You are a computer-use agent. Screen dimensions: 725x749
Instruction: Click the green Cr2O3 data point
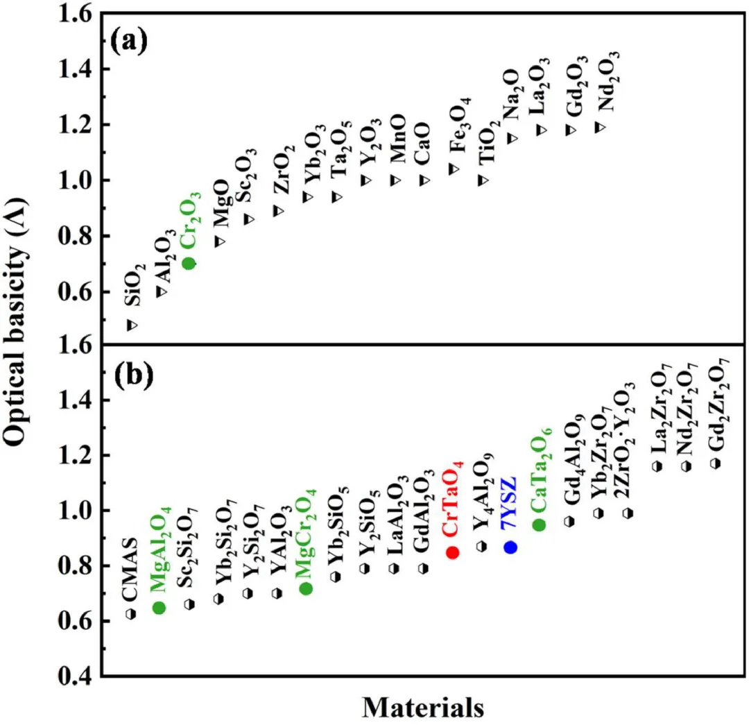188,262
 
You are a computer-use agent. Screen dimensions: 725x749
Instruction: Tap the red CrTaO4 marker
452,552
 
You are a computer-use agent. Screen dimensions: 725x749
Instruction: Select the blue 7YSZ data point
510,547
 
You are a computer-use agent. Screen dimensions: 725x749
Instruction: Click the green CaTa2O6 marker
539,524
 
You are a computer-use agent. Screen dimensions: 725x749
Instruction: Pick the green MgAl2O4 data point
159,607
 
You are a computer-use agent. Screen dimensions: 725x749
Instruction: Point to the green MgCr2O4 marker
305,588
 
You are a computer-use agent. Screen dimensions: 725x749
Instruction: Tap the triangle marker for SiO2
131,325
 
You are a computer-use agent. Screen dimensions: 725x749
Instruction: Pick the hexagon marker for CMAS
130,613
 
